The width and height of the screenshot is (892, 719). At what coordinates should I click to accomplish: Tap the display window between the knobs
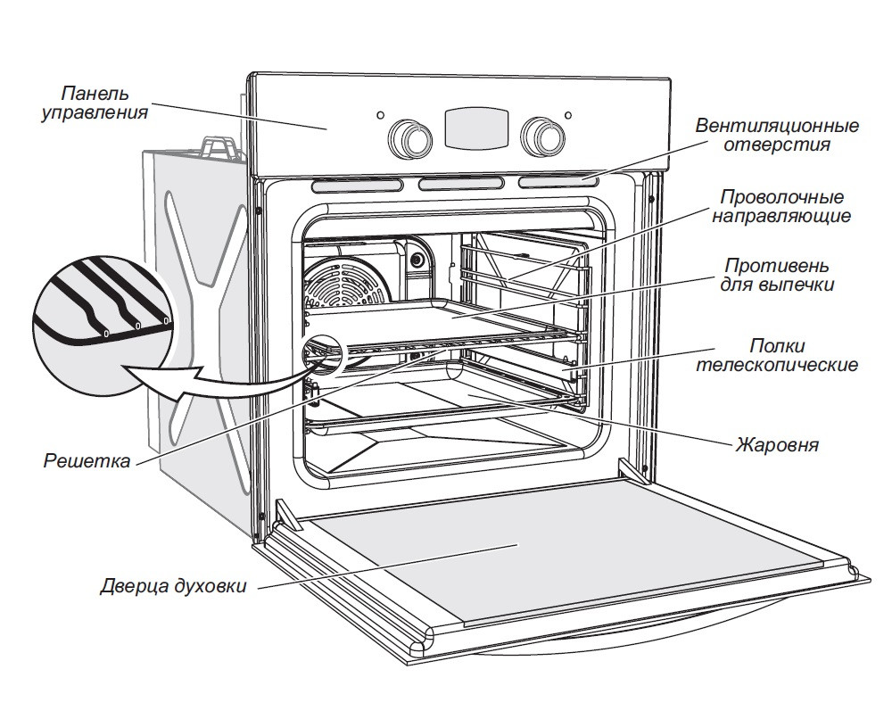(x=476, y=128)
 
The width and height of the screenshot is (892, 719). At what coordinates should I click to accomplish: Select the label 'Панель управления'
(x=95, y=103)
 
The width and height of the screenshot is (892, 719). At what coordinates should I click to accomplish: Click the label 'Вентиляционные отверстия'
(x=777, y=135)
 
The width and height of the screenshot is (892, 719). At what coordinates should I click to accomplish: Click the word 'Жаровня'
(x=776, y=443)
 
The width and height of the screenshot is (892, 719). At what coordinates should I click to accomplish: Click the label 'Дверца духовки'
(x=172, y=587)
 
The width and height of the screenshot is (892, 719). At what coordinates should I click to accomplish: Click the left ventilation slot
(x=357, y=186)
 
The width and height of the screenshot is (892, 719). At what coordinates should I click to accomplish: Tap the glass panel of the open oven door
(x=553, y=558)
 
